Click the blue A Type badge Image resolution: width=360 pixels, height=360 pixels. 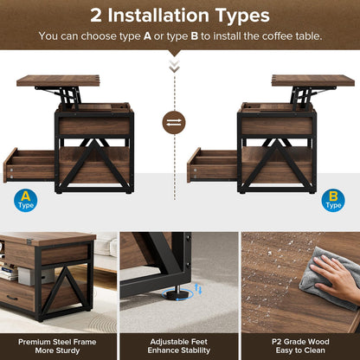coord(25,201)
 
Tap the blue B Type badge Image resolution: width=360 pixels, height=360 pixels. coord(332,201)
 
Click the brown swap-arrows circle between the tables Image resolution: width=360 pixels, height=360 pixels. coord(175,122)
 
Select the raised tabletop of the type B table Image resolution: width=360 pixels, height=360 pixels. coord(300,80)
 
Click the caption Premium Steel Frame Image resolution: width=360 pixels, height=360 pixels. coord(59,341)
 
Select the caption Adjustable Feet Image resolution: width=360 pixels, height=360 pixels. coord(179,341)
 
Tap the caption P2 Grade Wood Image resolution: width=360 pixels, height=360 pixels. coord(300,341)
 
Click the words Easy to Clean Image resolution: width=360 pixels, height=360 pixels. coord(300,351)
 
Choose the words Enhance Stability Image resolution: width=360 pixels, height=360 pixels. coord(179,351)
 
